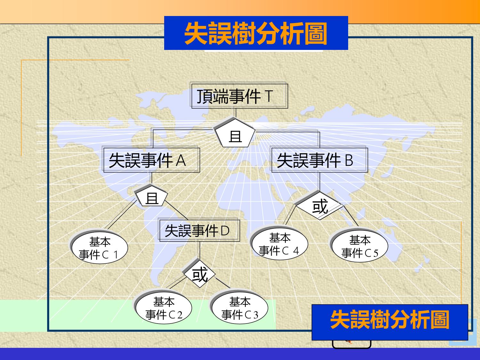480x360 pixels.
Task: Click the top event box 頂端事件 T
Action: pyautogui.click(x=239, y=95)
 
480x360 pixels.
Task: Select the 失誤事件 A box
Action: pyautogui.click(x=151, y=159)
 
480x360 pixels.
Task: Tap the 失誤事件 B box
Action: pyautogui.click(x=319, y=159)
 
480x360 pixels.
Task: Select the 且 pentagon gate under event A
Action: pyautogui.click(x=152, y=195)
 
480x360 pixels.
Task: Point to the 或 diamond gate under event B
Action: pyautogui.click(x=319, y=205)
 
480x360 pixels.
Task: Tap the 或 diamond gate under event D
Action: pyautogui.click(x=199, y=274)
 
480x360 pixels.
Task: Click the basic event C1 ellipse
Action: pyautogui.click(x=99, y=246)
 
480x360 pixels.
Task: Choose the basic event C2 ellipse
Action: pyautogui.click(x=163, y=307)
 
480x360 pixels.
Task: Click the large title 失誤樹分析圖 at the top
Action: pyautogui.click(x=256, y=34)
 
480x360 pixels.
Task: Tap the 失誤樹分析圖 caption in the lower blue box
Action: pyautogui.click(x=390, y=320)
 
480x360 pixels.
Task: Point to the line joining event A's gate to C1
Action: pyautogui.click(x=121, y=214)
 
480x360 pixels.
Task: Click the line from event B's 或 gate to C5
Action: pyautogui.click(x=350, y=215)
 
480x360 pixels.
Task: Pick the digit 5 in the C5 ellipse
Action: pyautogui.click(x=375, y=253)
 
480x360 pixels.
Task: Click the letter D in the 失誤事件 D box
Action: pyautogui.click(x=225, y=231)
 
